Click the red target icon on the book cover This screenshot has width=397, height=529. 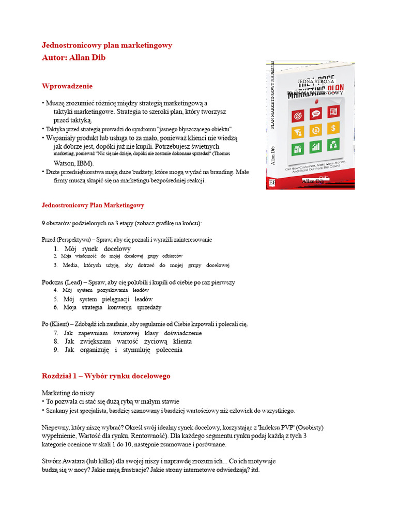[298, 115]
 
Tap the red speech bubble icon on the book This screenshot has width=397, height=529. [316, 113]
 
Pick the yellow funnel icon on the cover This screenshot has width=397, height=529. [298, 132]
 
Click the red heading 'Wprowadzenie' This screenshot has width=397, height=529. [67, 86]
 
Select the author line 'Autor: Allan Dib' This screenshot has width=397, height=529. [73, 57]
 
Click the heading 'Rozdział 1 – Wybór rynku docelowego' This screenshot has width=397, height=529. [105, 376]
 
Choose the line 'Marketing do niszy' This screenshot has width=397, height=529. [68, 393]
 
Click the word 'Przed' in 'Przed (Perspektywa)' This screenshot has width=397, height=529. [50, 240]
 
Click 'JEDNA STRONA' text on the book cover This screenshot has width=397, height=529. [316, 81]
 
